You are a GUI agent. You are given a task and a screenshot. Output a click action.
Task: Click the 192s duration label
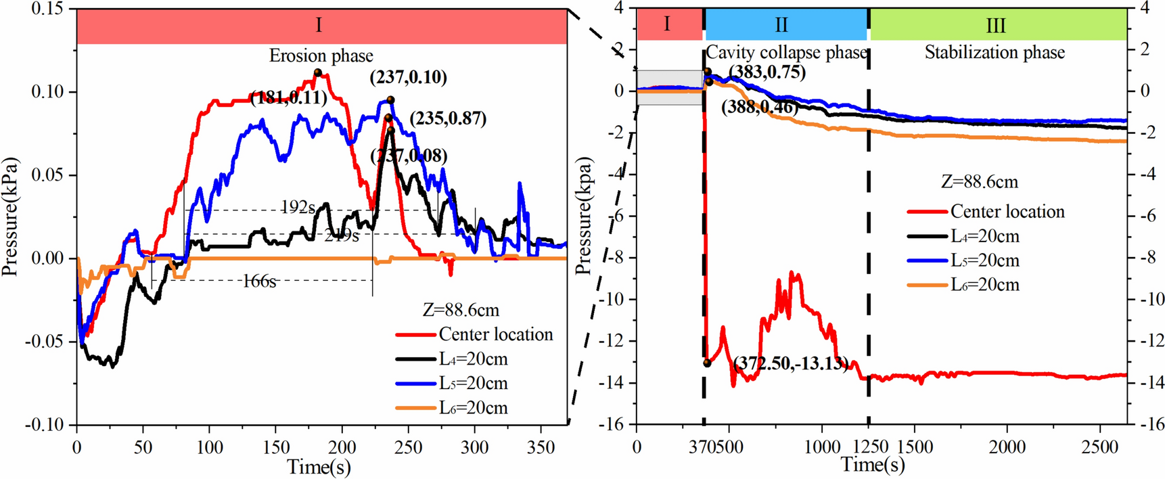point(298,207)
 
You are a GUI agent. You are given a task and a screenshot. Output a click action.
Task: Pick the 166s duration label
point(260,281)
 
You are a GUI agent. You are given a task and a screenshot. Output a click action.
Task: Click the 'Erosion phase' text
point(321,55)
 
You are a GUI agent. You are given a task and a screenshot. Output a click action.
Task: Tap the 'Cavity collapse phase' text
point(786,53)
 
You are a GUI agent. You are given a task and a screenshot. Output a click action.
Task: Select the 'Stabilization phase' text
point(995,53)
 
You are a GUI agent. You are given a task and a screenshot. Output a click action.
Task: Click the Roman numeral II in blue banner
point(781,25)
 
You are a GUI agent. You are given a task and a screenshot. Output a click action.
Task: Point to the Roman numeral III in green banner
point(995,26)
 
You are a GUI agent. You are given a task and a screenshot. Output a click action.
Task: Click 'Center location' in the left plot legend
point(495,334)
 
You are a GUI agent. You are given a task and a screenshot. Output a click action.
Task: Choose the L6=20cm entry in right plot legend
point(984,285)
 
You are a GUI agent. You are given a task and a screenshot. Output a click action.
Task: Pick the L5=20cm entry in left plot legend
point(473,384)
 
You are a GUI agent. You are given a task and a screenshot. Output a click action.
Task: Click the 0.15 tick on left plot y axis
point(47,9)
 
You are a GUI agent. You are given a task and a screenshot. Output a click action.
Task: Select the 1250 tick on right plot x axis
point(869,447)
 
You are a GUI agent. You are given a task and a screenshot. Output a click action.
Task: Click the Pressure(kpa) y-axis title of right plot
point(584,216)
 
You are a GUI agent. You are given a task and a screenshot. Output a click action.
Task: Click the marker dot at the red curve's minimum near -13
point(707,363)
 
